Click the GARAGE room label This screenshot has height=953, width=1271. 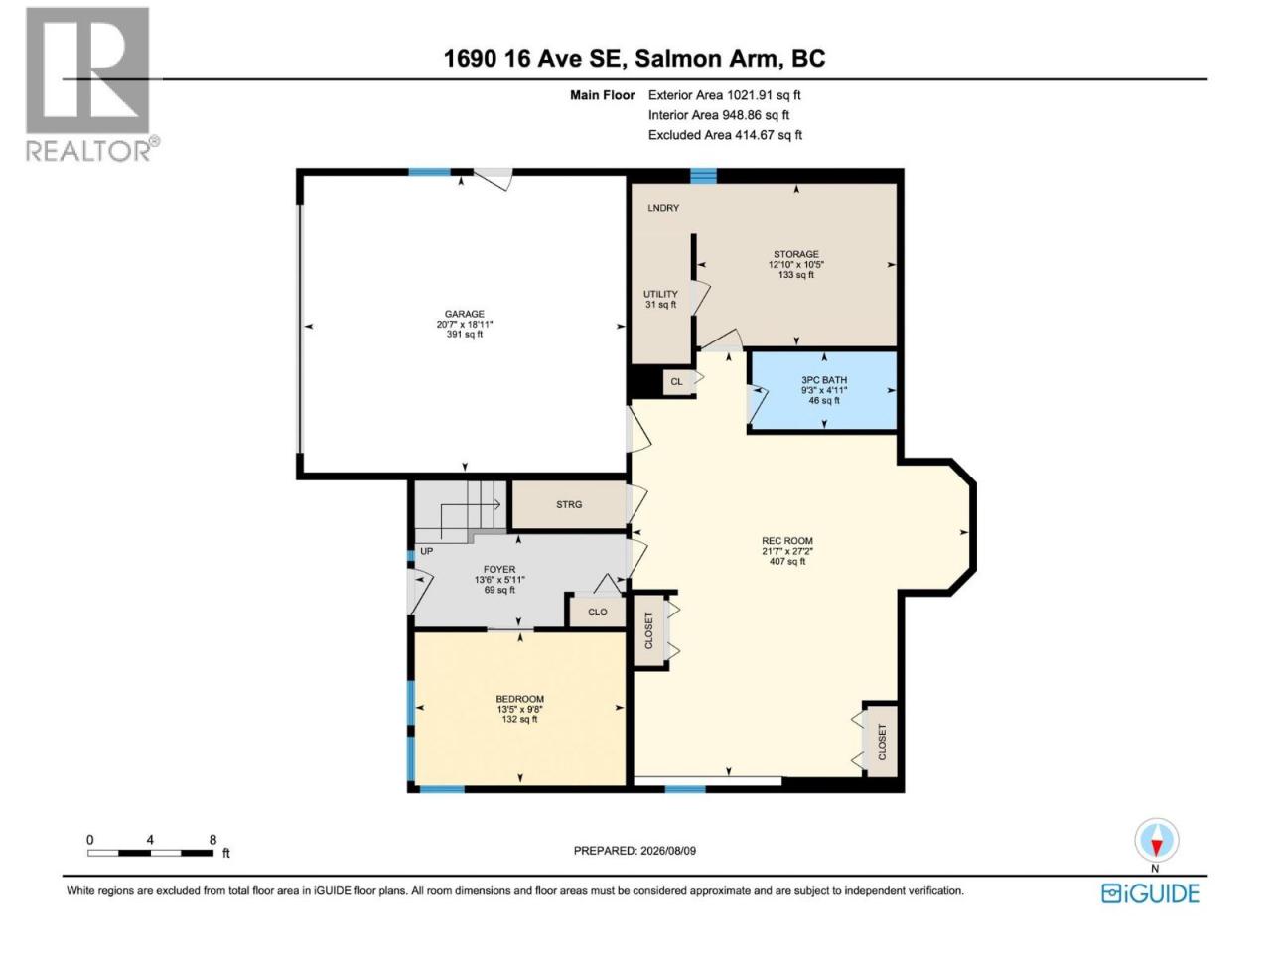pos(465,324)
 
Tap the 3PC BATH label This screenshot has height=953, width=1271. pos(824,390)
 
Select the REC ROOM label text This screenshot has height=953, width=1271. pos(787,551)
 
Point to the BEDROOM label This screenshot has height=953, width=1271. pos(519,709)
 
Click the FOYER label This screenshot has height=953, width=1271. pos(499,579)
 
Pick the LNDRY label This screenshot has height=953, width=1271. pos(663,208)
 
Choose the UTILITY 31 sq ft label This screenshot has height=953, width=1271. pos(660,299)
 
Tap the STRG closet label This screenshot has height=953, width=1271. pos(569,504)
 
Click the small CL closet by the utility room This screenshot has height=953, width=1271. pos(676,381)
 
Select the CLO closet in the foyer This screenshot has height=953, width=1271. pos(597,612)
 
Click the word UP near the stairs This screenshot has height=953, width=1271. pos(426,551)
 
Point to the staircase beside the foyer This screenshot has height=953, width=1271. pos(461,511)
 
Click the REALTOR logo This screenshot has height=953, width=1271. pos(92,85)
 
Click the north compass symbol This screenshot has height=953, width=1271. pos(1157,844)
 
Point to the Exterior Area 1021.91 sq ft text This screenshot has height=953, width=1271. pos(725,95)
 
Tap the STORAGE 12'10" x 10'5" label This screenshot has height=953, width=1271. pos(796,264)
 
